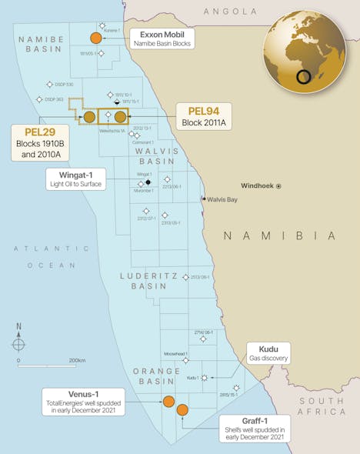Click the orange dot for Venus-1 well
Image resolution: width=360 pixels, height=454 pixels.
click(x=168, y=401)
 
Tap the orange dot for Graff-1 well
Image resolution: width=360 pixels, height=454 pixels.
click(x=182, y=410)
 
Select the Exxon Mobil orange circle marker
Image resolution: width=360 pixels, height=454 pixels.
click(x=95, y=38)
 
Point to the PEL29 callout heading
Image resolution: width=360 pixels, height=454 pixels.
click(x=35, y=132)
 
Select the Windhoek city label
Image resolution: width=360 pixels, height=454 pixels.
click(x=257, y=185)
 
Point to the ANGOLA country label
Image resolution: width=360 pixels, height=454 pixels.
click(x=229, y=12)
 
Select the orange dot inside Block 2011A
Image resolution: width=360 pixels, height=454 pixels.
click(x=120, y=117)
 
